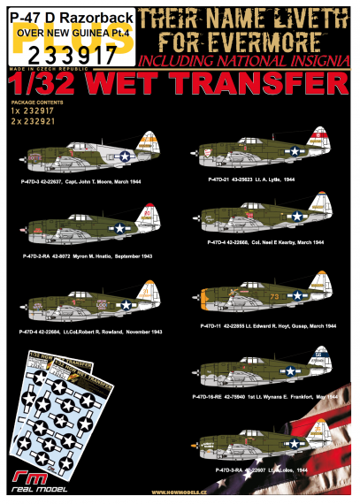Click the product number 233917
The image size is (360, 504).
click(x=50, y=51)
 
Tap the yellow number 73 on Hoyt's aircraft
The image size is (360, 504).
click(x=298, y=297)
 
